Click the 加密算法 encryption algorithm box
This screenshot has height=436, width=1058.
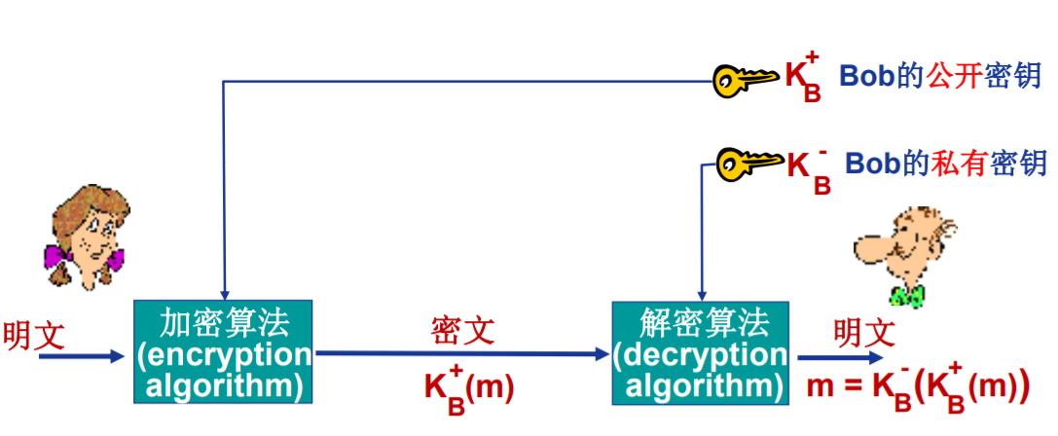click(x=223, y=351)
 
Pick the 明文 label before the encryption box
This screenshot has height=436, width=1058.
click(x=34, y=335)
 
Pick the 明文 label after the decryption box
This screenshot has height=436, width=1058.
click(x=864, y=332)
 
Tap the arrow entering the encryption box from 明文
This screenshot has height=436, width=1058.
click(x=82, y=356)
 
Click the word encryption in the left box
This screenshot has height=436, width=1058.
click(x=225, y=354)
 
